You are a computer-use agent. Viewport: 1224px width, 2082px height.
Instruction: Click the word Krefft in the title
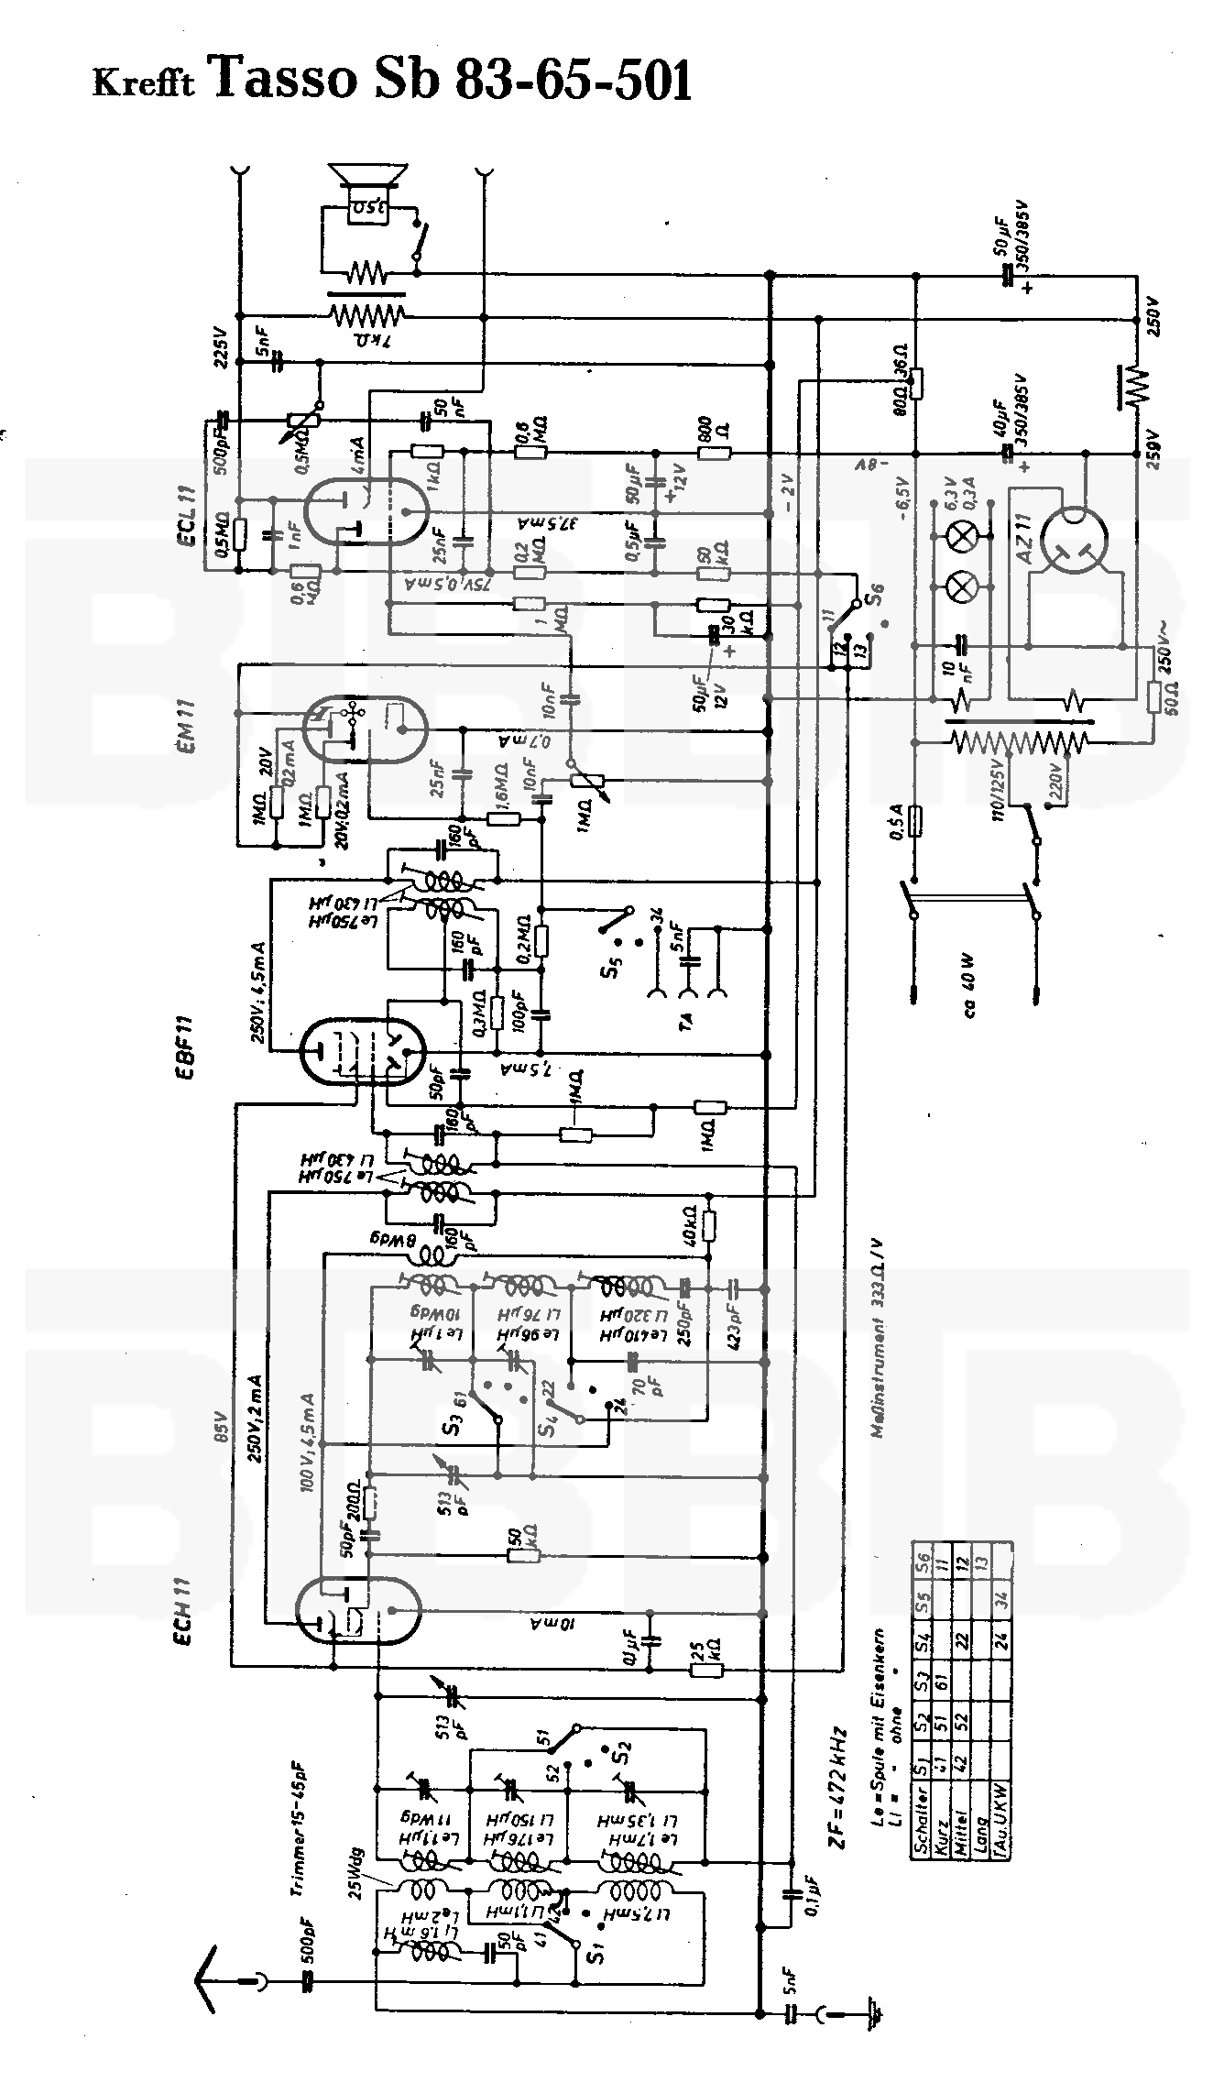(144, 83)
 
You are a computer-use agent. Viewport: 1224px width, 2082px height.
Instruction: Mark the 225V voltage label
(220, 345)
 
